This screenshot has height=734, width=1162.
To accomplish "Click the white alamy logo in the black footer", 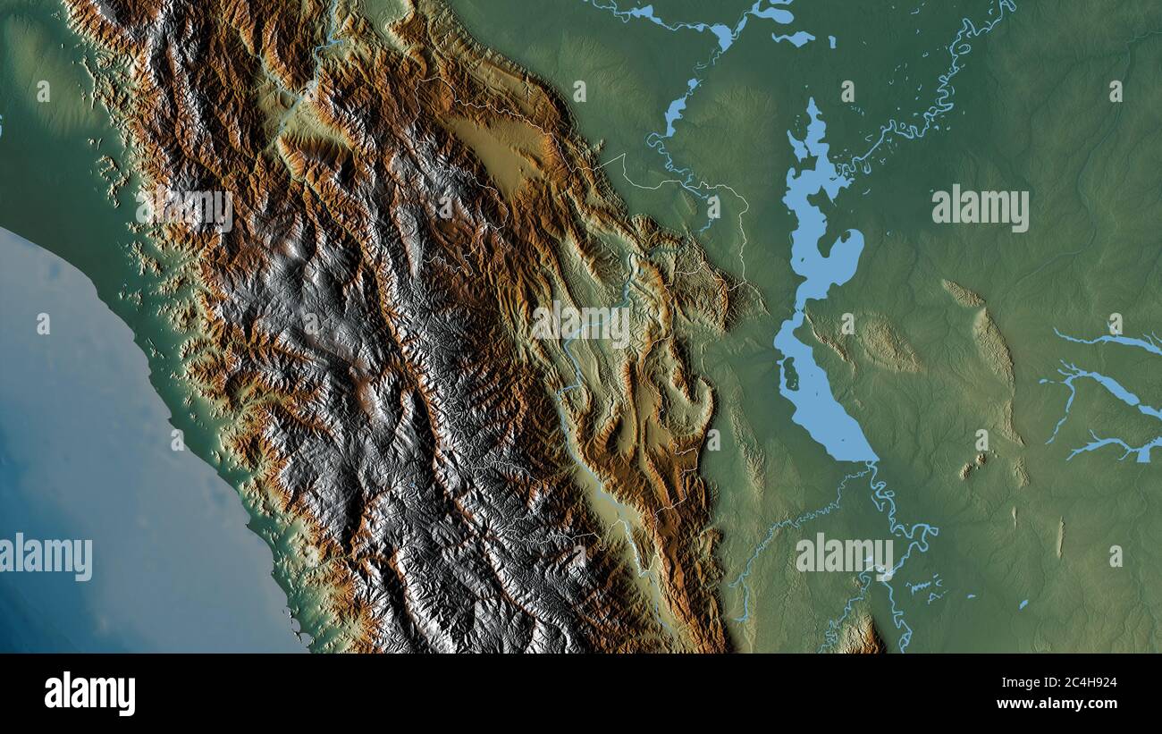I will click(89, 694).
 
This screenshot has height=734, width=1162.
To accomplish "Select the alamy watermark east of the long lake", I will click(980, 208).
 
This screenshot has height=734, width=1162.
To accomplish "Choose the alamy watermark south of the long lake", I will click(844, 554).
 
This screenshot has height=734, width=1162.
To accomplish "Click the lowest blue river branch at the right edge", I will click(1117, 446).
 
